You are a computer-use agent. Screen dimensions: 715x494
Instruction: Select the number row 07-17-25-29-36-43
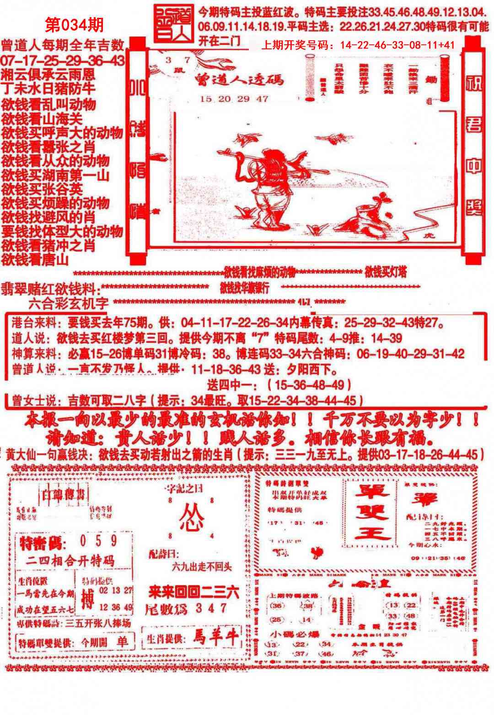pos(62,60)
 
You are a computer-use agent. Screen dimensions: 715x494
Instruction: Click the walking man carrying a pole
pos(267,183)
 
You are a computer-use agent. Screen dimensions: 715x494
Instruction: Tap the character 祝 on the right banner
pos(474,84)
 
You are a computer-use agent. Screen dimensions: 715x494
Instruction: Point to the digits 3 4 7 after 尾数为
pos(210,608)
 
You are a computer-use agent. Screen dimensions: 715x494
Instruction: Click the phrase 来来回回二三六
pos(193,593)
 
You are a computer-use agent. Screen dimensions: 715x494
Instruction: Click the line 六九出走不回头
pos(202,567)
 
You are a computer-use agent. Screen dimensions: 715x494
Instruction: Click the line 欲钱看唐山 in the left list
pos(35,260)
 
